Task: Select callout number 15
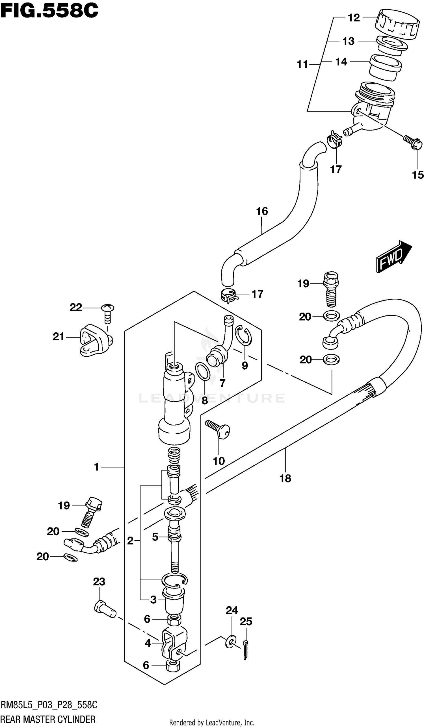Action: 417,175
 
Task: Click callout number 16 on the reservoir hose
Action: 262,211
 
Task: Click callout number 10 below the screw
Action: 219,461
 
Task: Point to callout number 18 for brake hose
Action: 285,478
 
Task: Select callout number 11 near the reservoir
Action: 302,64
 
